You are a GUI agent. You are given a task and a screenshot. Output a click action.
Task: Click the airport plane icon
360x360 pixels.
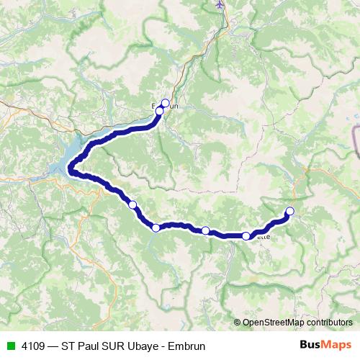(220, 4)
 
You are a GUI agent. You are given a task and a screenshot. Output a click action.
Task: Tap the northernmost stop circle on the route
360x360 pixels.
(166, 103)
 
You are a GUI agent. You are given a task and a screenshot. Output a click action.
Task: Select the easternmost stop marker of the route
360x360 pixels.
(290, 211)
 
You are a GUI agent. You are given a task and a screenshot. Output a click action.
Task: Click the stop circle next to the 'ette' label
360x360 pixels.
(246, 235)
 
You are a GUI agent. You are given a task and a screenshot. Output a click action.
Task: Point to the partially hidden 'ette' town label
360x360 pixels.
(264, 236)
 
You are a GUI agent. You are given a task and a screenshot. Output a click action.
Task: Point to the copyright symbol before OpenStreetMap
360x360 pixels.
(238, 323)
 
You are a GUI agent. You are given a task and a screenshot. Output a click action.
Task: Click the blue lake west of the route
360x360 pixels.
(61, 167)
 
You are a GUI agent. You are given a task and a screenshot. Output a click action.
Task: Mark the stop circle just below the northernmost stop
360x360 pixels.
(160, 111)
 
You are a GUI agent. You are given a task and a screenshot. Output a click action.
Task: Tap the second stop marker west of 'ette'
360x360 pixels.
(156, 228)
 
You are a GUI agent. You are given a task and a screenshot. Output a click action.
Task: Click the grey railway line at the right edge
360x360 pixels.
(356, 140)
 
